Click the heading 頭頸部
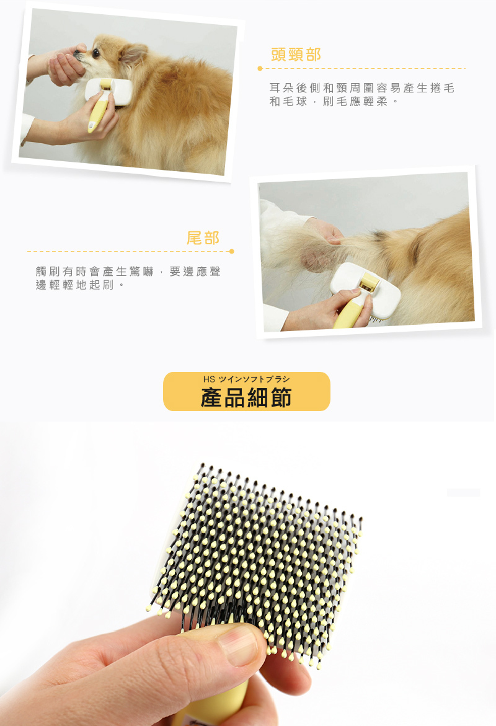[x=296, y=55]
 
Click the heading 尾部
[x=203, y=238]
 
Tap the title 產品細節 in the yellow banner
[x=246, y=398]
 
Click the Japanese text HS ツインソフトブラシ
[x=246, y=379]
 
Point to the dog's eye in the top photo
[x=96, y=53]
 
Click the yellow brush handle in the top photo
[x=98, y=116]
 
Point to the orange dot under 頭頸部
[x=260, y=69]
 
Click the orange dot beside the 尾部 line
[x=231, y=252]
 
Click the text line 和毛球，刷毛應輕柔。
[x=334, y=102]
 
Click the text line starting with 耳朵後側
[x=362, y=88]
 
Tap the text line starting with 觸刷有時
[x=128, y=272]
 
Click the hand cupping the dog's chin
[x=67, y=65]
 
